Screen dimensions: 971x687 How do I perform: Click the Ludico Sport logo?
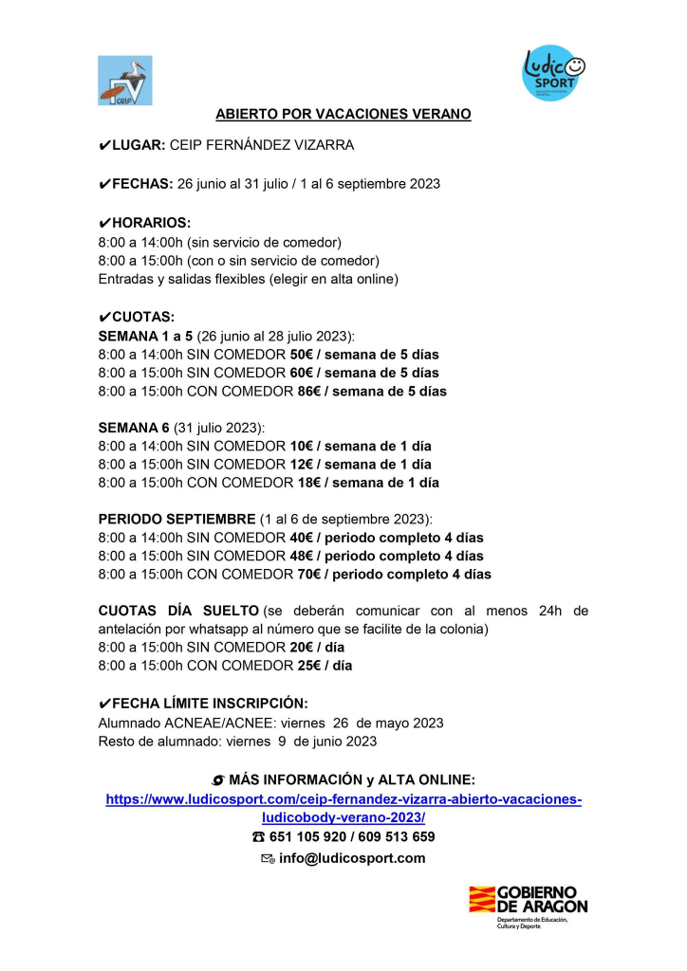pyautogui.click(x=555, y=74)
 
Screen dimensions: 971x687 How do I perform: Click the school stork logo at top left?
pyautogui.click(x=124, y=80)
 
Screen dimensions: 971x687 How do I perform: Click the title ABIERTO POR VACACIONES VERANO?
pyautogui.click(x=343, y=114)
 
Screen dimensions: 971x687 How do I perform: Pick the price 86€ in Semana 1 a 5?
pyautogui.click(x=301, y=391)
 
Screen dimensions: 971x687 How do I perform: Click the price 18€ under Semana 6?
pyautogui.click(x=301, y=483)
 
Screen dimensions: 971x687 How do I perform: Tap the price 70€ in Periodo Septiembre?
pyautogui.click(x=301, y=575)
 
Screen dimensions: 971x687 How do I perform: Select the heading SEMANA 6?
pyautogui.click(x=134, y=428)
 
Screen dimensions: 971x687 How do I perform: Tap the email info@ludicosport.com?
pyautogui.click(x=351, y=858)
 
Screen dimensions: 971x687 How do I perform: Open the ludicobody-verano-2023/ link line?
pyautogui.click(x=343, y=817)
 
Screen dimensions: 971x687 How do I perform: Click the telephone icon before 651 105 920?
pyautogui.click(x=259, y=837)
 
